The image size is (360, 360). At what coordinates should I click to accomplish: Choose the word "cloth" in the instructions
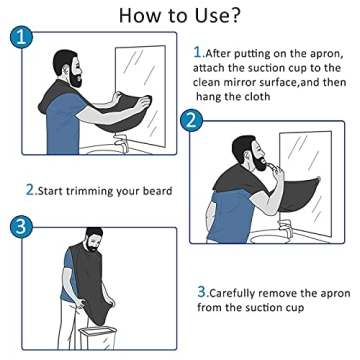coord(279,97)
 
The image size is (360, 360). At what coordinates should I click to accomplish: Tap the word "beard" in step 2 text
coord(156,190)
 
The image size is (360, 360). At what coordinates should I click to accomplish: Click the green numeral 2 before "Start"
coord(30,190)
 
